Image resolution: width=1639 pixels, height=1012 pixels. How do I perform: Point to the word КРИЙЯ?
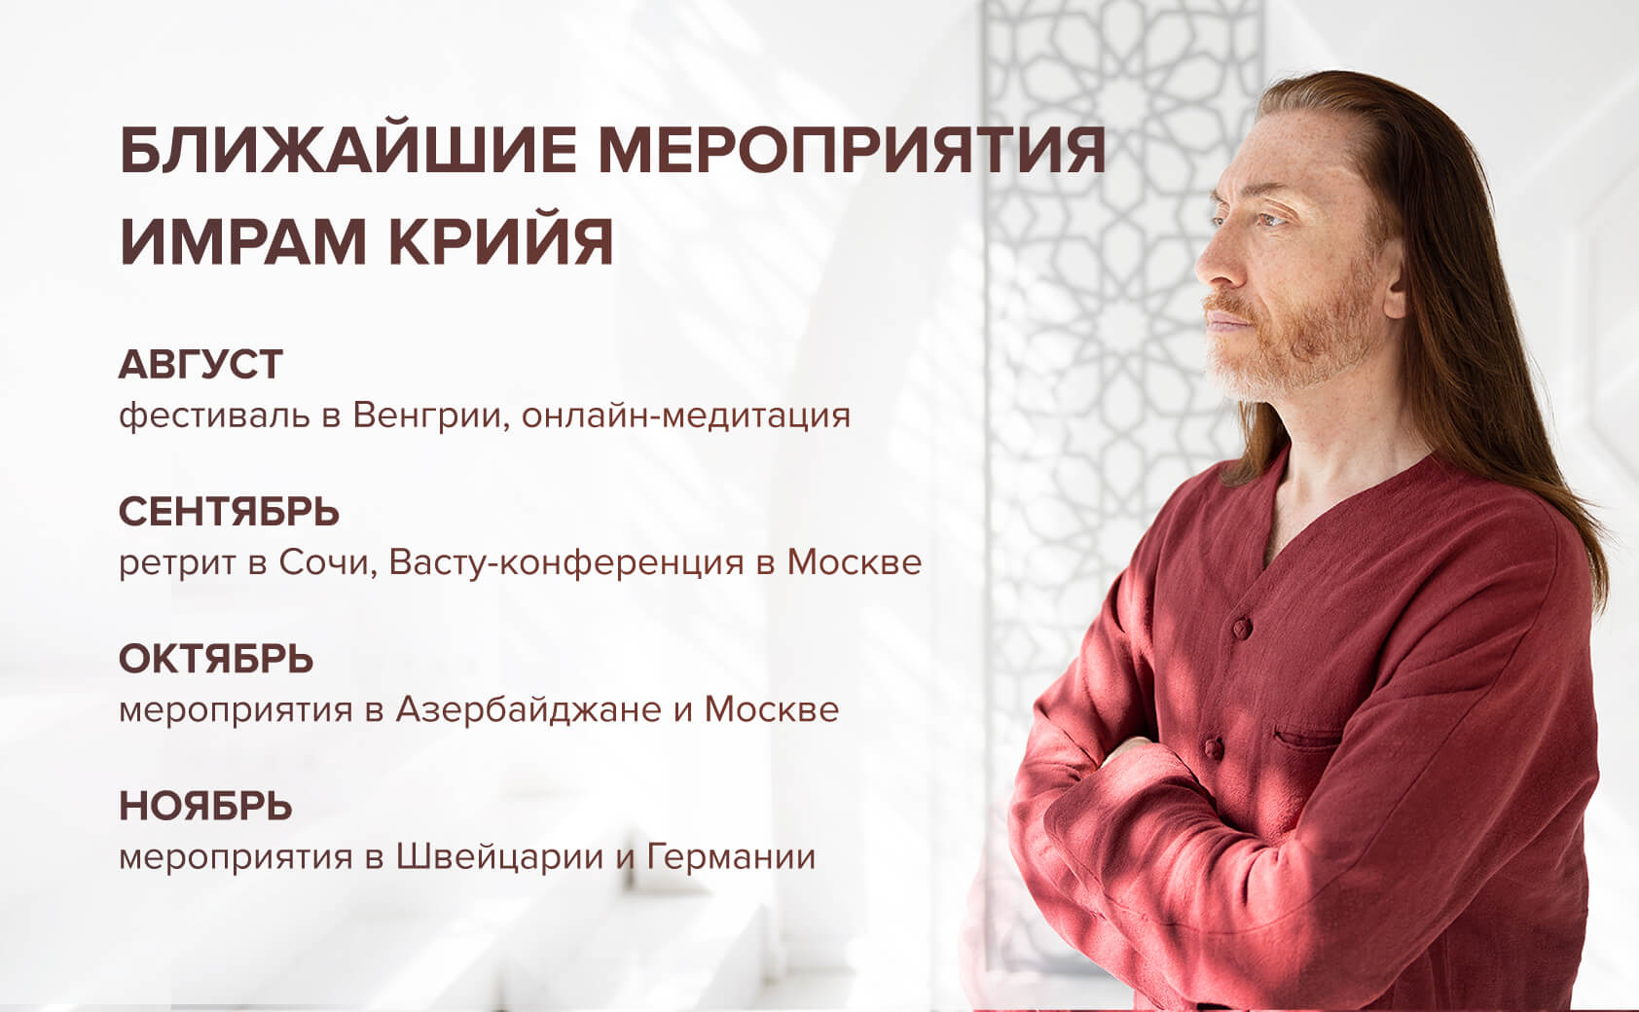click(x=500, y=240)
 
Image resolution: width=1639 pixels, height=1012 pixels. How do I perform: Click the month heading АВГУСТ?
click(x=200, y=364)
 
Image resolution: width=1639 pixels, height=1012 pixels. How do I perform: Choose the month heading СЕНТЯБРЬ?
click(x=229, y=512)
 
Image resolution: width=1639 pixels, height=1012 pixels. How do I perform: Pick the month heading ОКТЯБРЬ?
click(x=216, y=659)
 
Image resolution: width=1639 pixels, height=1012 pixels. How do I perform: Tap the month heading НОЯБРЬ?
click(x=205, y=807)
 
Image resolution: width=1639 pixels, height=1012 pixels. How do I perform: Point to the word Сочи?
click(x=327, y=563)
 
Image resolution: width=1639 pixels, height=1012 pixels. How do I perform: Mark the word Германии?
click(x=731, y=857)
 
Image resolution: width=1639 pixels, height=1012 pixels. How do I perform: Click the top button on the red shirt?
click(x=1242, y=628)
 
